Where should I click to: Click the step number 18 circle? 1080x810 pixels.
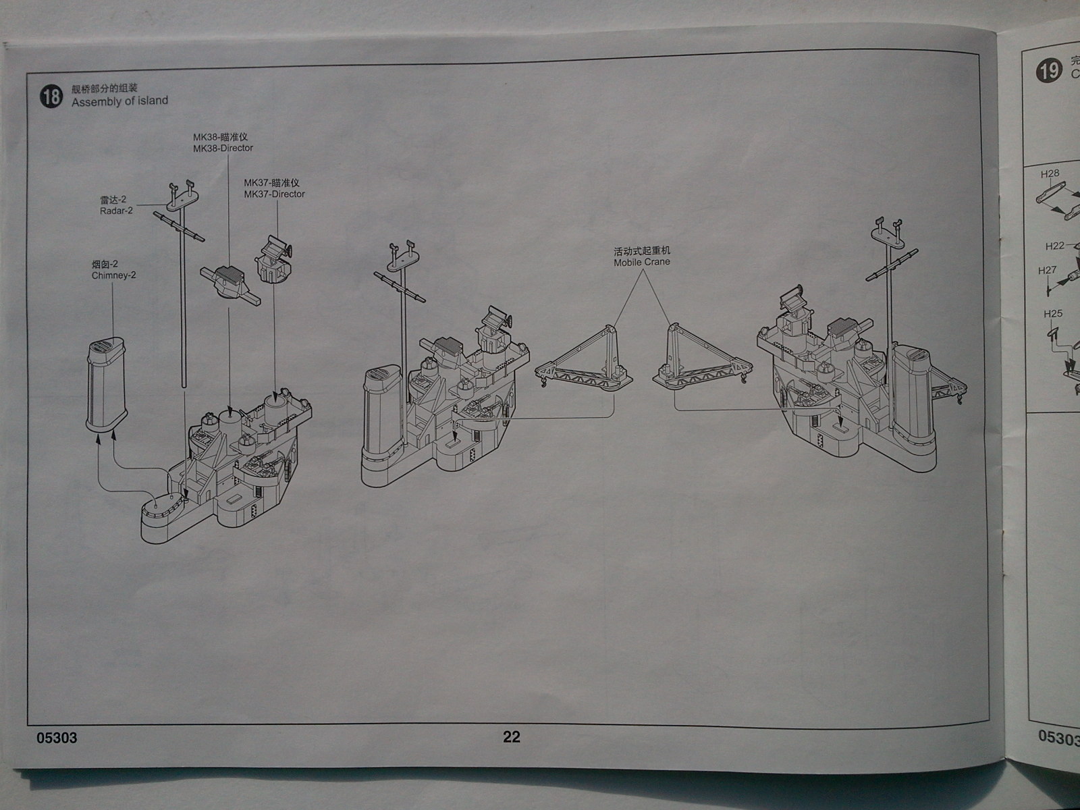point(51,96)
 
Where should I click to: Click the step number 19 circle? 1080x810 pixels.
point(1048,70)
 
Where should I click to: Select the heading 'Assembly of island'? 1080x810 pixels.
point(119,101)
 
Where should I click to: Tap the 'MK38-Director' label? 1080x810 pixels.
point(223,148)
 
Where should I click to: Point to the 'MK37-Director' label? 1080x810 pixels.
point(274,194)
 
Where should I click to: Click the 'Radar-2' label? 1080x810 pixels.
point(116,211)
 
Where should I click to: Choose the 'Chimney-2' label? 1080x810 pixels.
point(113,275)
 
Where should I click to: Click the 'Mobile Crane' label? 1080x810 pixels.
point(641,262)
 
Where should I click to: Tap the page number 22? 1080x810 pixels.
point(511,736)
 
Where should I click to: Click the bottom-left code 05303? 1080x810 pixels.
point(57,738)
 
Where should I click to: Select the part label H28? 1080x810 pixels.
point(1050,173)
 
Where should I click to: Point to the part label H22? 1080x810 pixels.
point(1054,246)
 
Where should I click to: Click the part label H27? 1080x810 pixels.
point(1047,271)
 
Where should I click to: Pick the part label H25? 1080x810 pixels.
point(1052,314)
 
